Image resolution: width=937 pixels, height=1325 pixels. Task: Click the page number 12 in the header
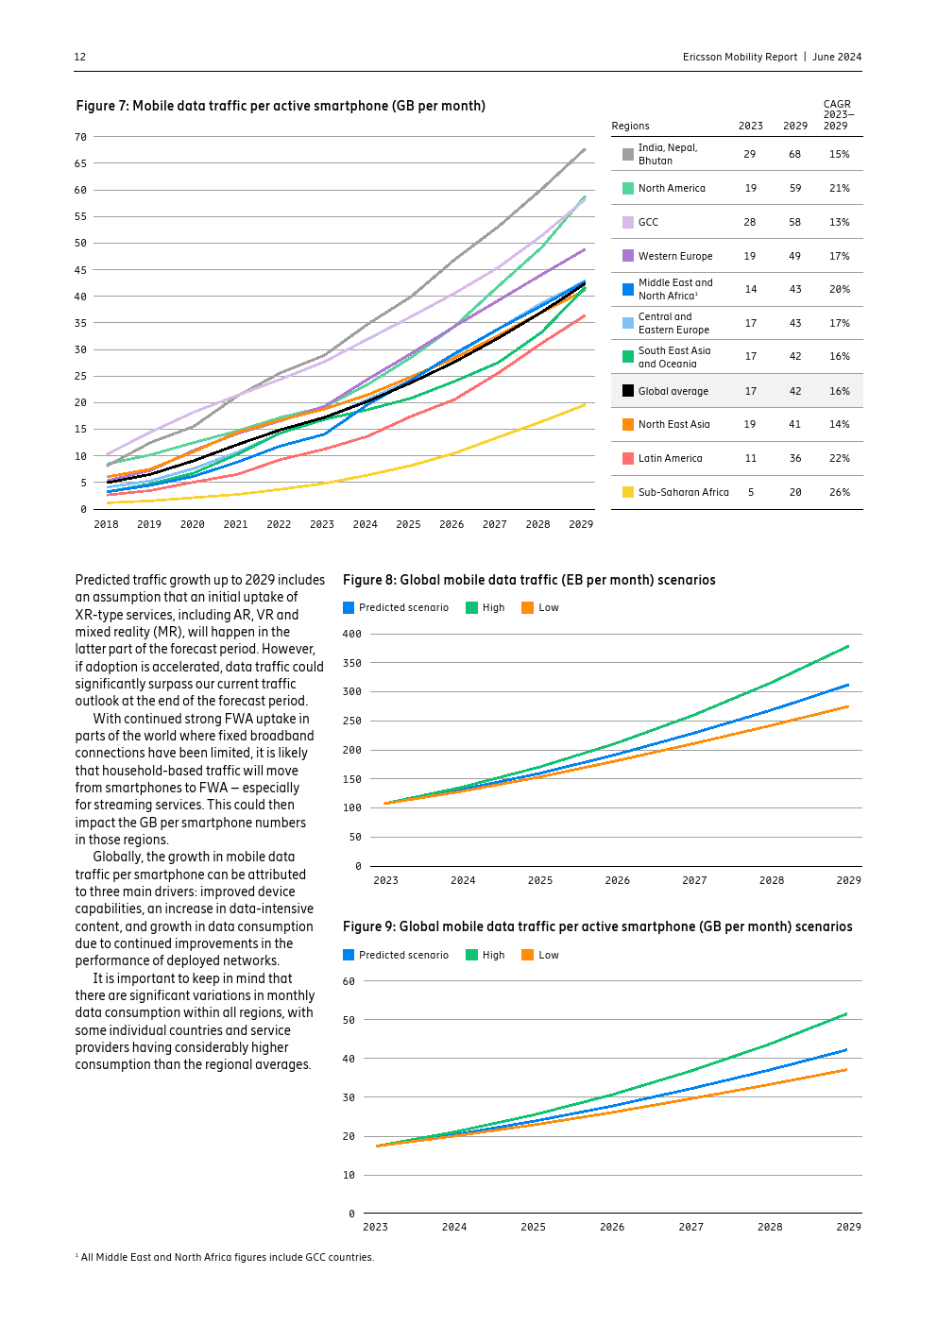[x=80, y=57]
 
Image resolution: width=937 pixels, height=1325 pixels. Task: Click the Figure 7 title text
[x=281, y=106]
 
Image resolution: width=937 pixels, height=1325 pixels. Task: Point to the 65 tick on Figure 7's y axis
[x=81, y=163]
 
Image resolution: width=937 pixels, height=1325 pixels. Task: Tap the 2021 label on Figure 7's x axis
[x=235, y=524]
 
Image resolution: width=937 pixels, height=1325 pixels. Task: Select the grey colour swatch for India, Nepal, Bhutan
[x=628, y=154]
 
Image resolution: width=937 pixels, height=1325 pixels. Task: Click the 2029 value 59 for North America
[x=795, y=188]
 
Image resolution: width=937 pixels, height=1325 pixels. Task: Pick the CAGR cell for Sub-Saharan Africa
[x=839, y=492]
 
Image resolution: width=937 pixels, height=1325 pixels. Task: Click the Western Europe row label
[x=675, y=256]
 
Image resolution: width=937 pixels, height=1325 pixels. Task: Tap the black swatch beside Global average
[x=628, y=391]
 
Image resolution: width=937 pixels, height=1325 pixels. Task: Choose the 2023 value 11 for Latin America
[x=751, y=458]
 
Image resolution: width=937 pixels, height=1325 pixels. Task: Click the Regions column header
[x=630, y=126]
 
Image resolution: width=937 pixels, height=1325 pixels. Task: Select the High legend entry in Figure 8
[x=486, y=607]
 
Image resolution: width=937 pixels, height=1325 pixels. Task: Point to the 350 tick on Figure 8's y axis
[x=351, y=663]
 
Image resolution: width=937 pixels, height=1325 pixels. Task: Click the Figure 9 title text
[x=597, y=926]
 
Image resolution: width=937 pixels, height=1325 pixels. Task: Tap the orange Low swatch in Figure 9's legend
[x=527, y=955]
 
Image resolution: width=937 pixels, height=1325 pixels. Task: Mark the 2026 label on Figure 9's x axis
[x=612, y=1227]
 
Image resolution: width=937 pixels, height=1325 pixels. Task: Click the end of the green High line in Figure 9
[x=846, y=1014]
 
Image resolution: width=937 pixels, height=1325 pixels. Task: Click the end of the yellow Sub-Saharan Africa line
[x=585, y=404]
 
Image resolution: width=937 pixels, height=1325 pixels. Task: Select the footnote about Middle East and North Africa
[x=225, y=1257]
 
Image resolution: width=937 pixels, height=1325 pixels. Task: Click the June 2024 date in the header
[x=837, y=57]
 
